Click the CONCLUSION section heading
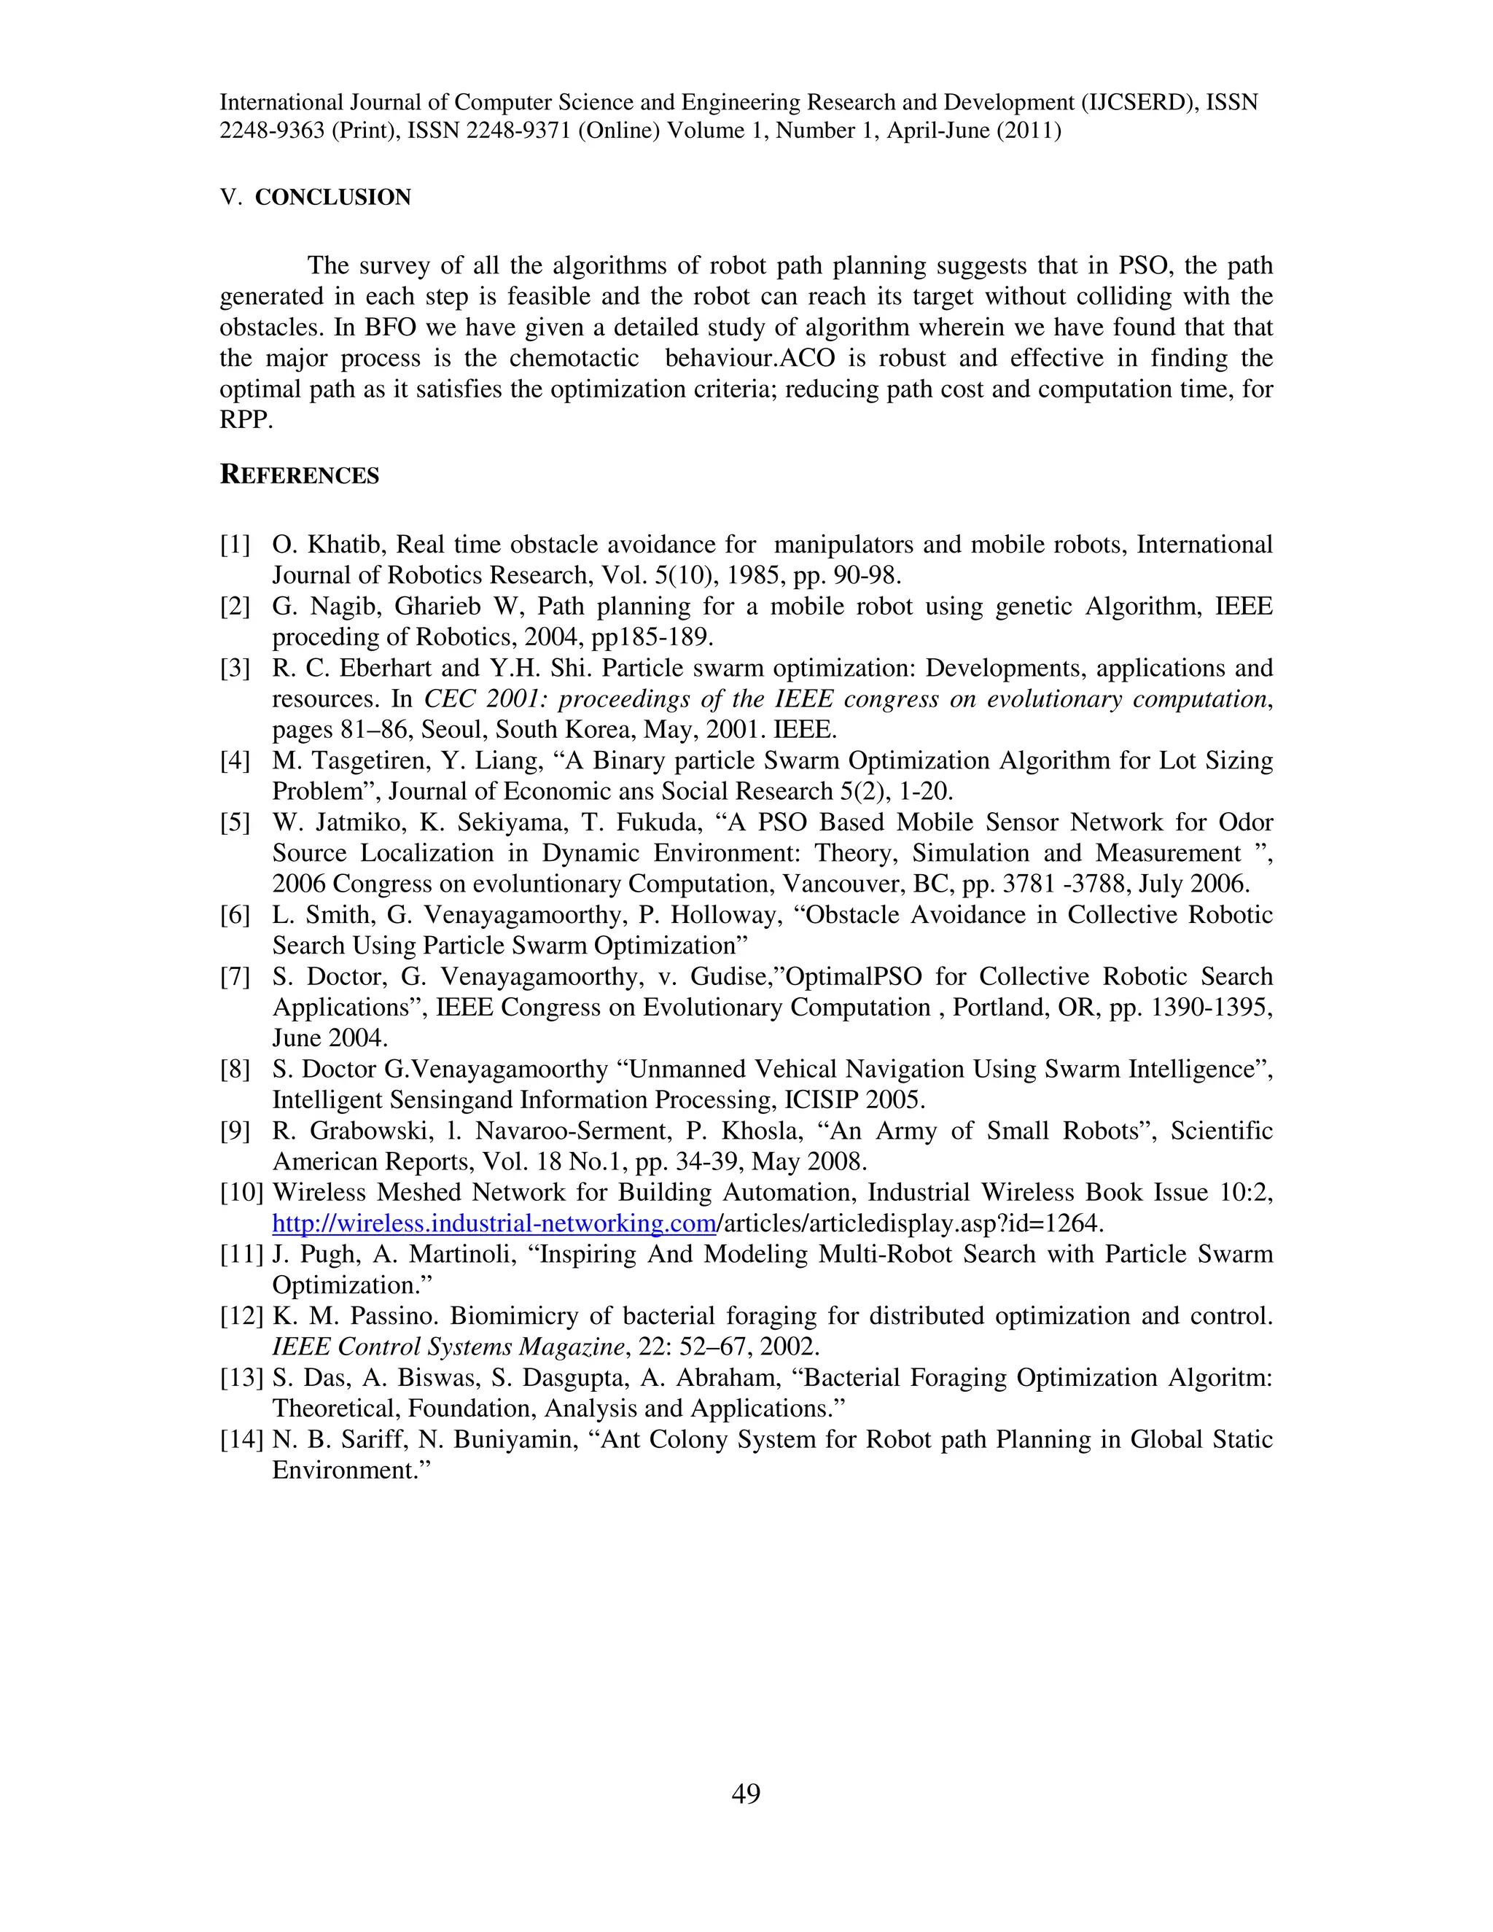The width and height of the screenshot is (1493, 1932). click(x=332, y=198)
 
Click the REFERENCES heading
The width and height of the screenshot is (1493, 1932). click(x=299, y=475)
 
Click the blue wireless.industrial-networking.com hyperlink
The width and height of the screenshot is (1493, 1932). click(x=494, y=1223)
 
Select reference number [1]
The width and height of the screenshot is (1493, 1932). click(x=235, y=545)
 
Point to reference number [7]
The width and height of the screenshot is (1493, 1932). click(x=235, y=977)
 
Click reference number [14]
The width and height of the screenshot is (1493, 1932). click(x=241, y=1439)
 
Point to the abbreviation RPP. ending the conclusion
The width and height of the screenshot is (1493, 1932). click(x=246, y=420)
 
